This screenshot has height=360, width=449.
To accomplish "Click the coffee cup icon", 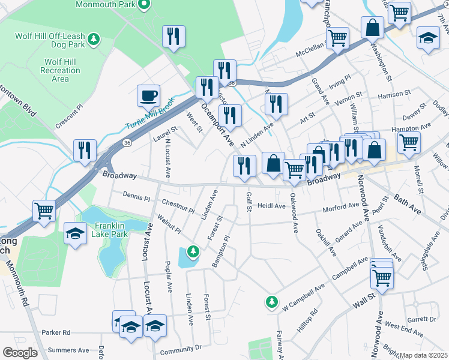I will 149,95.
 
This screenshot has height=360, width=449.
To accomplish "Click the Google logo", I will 20,352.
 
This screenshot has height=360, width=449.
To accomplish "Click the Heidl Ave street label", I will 271,206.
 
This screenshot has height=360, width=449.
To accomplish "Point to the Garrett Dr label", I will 419,319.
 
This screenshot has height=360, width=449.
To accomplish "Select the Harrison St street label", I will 394,94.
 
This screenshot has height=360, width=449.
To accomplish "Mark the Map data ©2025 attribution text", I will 423,355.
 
